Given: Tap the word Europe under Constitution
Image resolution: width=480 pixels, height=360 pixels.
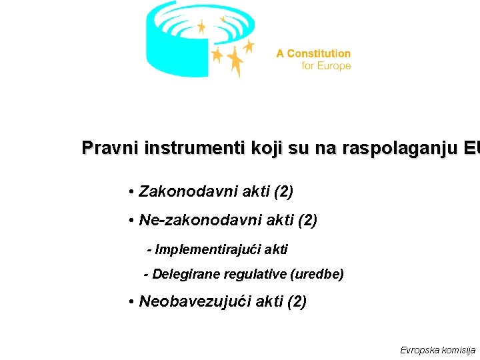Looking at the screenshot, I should (335, 66).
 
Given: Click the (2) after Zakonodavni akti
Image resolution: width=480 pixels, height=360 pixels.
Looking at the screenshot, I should (282, 192).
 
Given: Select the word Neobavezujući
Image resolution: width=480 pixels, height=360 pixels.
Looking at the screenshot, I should (191, 301).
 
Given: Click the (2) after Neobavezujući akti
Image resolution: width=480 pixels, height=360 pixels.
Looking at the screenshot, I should (296, 301).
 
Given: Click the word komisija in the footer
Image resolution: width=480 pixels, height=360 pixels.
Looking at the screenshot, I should (458, 350).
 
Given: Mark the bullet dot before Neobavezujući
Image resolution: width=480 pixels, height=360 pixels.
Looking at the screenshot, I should (133, 302).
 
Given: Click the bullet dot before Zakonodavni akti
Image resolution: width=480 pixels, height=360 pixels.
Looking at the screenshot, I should (133, 193).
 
